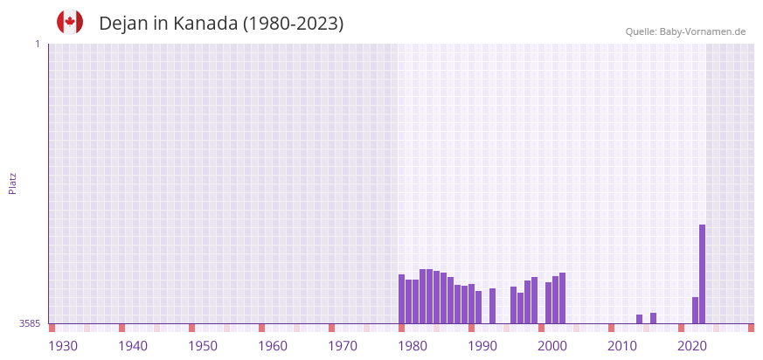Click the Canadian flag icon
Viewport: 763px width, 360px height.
point(70,23)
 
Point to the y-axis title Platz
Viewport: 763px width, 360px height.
point(12,183)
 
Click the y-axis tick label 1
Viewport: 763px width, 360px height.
point(37,44)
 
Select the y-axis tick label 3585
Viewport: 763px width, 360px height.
point(30,323)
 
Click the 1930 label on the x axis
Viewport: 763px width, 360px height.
point(63,346)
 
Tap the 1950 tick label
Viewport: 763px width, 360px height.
point(203,346)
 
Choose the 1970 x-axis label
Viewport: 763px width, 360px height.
point(343,346)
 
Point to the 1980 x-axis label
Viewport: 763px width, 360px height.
point(413,346)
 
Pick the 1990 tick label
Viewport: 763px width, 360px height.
point(482,346)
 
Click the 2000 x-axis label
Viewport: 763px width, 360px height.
point(552,346)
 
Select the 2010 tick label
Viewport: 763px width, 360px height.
point(622,346)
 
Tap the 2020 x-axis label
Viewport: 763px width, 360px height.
point(692,346)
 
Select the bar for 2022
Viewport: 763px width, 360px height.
point(695,310)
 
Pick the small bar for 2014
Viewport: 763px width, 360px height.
point(639,319)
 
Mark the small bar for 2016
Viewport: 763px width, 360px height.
point(653,318)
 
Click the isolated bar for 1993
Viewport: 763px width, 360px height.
point(492,306)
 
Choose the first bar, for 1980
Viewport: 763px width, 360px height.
point(401,299)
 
